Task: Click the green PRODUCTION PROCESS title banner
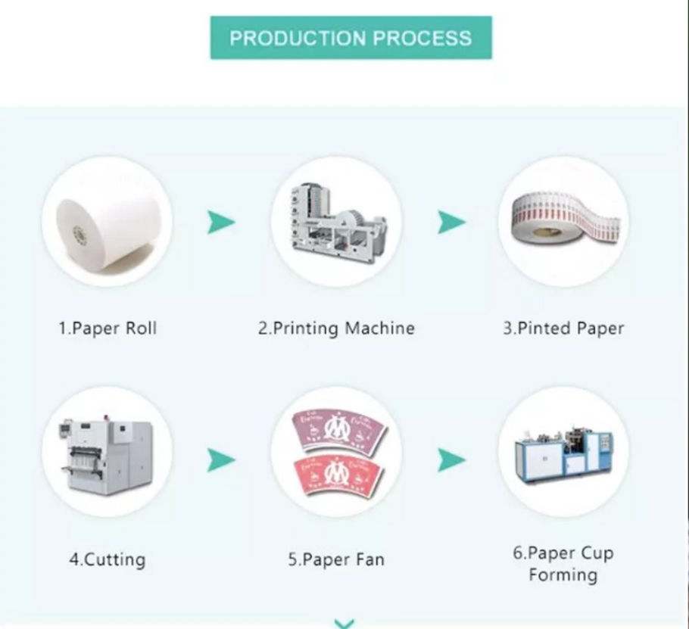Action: [351, 38]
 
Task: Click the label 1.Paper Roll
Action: [108, 329]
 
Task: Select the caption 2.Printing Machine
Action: [336, 329]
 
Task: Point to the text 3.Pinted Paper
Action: [563, 329]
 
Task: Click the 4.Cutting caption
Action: [107, 560]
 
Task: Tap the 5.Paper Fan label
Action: [335, 560]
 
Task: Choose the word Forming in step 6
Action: [563, 575]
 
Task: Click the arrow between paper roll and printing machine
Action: [221, 223]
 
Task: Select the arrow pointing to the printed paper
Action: [451, 223]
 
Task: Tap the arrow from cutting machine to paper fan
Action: [221, 459]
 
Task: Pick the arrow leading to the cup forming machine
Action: [451, 459]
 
